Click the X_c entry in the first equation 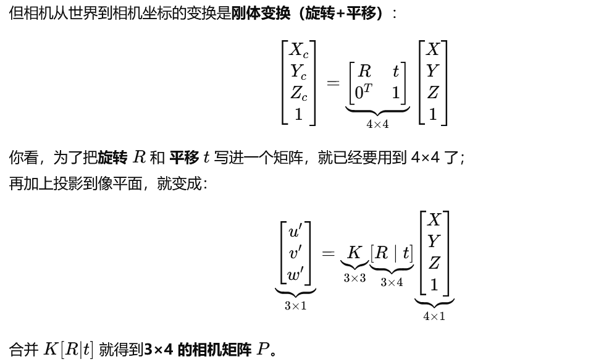[x=299, y=51]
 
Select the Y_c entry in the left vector [x=299, y=72]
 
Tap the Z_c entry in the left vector [x=299, y=93]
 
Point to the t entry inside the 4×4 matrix [x=395, y=72]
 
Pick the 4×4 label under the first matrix [x=377, y=124]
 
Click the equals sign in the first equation [x=333, y=82]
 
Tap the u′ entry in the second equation [x=295, y=232]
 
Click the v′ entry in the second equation [x=295, y=253]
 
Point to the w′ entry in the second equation [x=295, y=274]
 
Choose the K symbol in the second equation [x=354, y=253]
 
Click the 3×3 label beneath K [x=355, y=279]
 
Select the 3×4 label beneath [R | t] [x=392, y=282]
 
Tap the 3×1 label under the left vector [x=295, y=306]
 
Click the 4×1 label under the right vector [x=434, y=316]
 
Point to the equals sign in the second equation [x=329, y=253]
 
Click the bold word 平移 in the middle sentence [x=184, y=158]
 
